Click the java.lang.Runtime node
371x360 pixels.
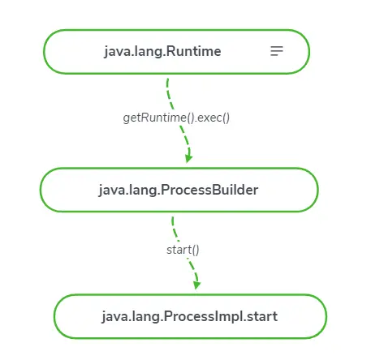click(176, 52)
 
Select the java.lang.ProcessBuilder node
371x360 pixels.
click(179, 190)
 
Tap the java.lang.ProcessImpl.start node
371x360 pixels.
click(190, 316)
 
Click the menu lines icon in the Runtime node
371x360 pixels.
click(277, 51)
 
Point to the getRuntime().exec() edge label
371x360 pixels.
click(176, 118)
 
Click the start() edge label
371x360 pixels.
click(183, 250)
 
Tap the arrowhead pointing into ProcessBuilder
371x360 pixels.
click(188, 158)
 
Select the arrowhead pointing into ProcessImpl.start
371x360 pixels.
click(196, 285)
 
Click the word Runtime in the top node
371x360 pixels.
click(193, 51)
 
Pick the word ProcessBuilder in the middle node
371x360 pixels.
click(209, 190)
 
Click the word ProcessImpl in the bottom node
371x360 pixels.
click(202, 316)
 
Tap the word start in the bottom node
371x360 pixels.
click(262, 316)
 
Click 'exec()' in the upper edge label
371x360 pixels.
click(214, 118)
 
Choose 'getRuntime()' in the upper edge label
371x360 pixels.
click(158, 118)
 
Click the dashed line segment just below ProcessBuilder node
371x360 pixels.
click(175, 229)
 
